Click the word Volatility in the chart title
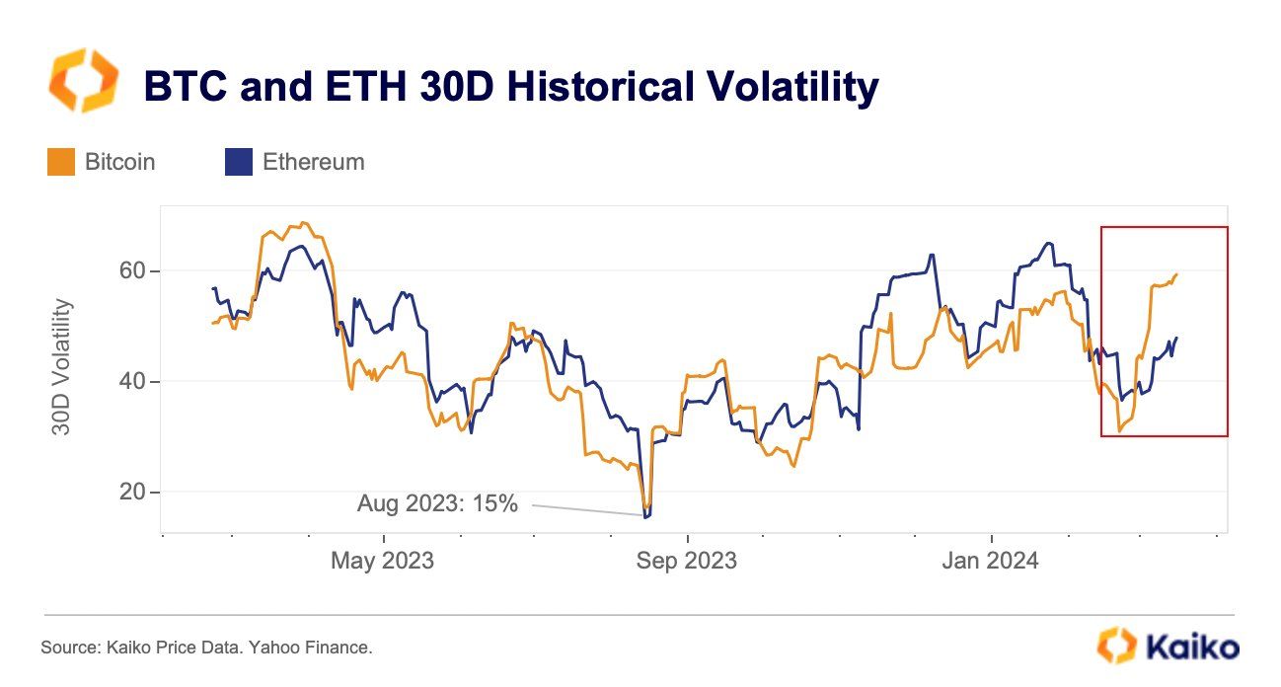(x=781, y=87)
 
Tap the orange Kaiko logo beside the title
(x=83, y=81)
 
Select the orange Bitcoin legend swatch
(x=61, y=162)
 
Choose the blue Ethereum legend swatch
(x=239, y=162)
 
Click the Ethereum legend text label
(x=313, y=162)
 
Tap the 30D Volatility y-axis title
(x=61, y=367)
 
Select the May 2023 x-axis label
(x=382, y=561)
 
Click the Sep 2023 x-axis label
(x=686, y=561)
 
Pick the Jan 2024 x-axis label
(x=990, y=561)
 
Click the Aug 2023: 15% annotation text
(x=437, y=503)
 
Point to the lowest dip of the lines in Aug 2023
(x=646, y=515)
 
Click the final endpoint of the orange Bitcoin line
(x=1176, y=274)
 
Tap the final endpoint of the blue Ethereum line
(x=1176, y=339)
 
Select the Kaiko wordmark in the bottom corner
(x=1192, y=648)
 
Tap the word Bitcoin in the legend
(x=119, y=162)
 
